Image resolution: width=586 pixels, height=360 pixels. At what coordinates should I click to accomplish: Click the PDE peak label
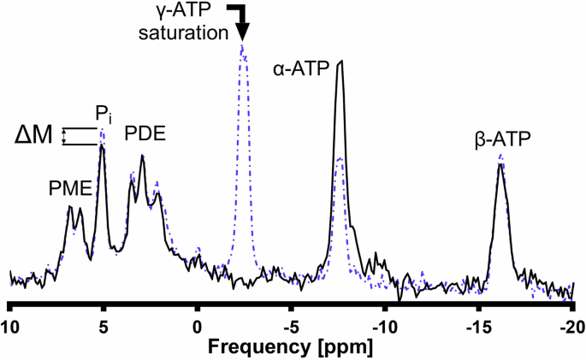click(145, 133)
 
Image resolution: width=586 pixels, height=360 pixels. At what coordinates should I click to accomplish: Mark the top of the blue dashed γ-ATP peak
click(243, 46)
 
